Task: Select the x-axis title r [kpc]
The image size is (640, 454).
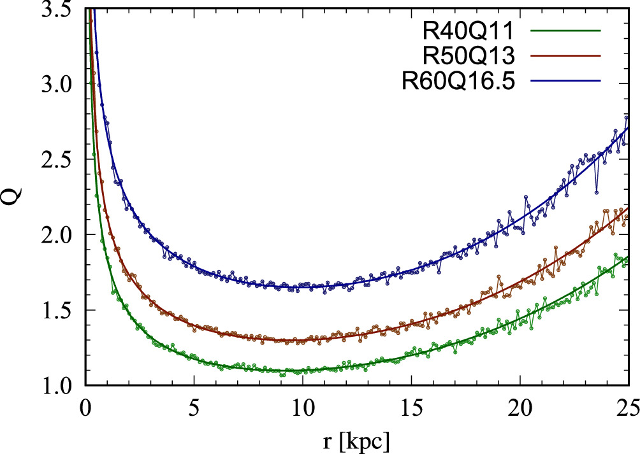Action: (356, 440)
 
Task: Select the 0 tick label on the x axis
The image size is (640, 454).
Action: (85, 408)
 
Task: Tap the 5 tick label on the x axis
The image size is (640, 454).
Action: (194, 408)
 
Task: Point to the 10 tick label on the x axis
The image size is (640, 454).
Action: (302, 408)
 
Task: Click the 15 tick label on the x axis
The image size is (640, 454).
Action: (411, 408)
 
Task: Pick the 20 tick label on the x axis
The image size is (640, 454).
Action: (520, 408)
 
